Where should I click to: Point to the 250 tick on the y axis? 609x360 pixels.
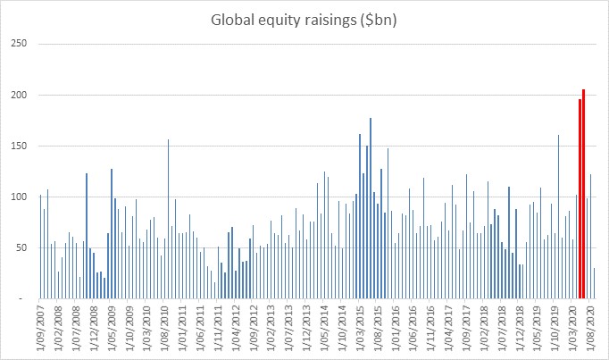19,44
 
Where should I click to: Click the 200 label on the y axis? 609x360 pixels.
19,95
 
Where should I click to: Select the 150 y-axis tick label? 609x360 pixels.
19,146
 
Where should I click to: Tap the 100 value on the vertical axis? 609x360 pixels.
19,197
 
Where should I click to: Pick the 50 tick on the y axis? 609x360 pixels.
21,247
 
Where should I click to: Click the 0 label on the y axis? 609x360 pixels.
24,298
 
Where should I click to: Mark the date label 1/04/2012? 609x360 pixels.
238,328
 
